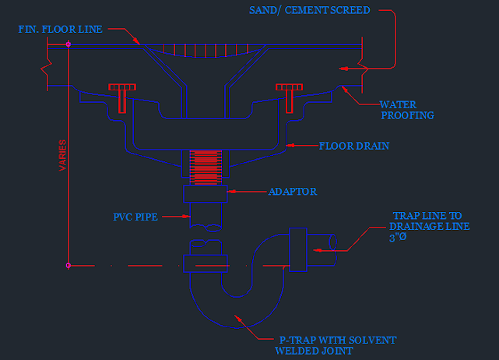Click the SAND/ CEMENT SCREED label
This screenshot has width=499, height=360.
pyautogui.click(x=309, y=10)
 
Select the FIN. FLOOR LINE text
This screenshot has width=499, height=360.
pyautogui.click(x=60, y=30)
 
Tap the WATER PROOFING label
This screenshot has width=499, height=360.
pyautogui.click(x=407, y=110)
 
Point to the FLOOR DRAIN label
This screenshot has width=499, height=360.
pyautogui.click(x=354, y=146)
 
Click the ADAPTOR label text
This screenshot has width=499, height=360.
pyautogui.click(x=293, y=192)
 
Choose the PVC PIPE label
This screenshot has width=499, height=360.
pyautogui.click(x=135, y=217)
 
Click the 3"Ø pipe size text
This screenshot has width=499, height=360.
pyautogui.click(x=398, y=238)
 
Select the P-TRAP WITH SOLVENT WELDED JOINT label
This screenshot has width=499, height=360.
pyautogui.click(x=336, y=345)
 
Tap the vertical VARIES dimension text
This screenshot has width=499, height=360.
pyautogui.click(x=63, y=155)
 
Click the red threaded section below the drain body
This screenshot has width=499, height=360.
pyautogui.click(x=206, y=168)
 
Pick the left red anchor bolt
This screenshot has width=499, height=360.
pyautogui.click(x=122, y=98)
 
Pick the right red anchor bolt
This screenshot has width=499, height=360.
pyautogui.click(x=289, y=98)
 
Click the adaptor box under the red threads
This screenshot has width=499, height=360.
pyautogui.click(x=206, y=194)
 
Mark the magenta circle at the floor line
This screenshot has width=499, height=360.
pyautogui.click(x=69, y=44)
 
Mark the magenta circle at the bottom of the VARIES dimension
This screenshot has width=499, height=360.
pyautogui.click(x=69, y=266)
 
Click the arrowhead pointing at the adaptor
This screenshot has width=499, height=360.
pyautogui.click(x=231, y=192)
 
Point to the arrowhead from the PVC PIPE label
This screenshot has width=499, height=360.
pyautogui.click(x=187, y=217)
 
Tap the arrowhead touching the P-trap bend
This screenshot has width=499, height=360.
pyautogui.click(x=238, y=318)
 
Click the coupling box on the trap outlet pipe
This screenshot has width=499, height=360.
pyautogui.click(x=298, y=250)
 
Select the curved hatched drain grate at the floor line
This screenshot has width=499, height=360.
pyautogui.click(x=206, y=51)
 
